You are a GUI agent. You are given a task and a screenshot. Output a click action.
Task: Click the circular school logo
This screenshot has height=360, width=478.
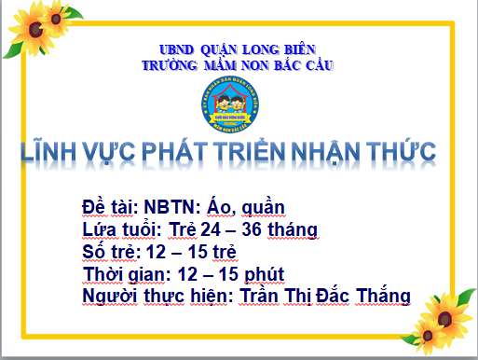click(230, 104)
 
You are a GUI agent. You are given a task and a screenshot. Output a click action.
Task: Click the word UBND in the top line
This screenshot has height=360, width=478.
click(176, 49)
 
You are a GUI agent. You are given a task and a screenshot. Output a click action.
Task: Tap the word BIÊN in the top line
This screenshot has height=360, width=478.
click(300, 49)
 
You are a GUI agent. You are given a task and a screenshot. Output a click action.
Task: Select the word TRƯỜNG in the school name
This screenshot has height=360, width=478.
click(170, 65)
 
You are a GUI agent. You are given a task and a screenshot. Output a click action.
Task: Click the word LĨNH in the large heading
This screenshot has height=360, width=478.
click(48, 151)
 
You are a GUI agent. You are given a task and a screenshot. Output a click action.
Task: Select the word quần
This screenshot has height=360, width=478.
click(263, 208)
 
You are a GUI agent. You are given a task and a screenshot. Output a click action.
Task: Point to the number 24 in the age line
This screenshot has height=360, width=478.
click(211, 229)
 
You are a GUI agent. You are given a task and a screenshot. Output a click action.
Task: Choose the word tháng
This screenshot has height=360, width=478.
click(293, 230)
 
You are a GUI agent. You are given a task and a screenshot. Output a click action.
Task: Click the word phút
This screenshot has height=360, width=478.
click(264, 275)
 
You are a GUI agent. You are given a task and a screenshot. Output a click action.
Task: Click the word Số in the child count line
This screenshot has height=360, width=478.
click(93, 251)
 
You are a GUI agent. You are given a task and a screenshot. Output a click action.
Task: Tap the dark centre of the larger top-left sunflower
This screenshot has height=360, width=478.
click(35, 30)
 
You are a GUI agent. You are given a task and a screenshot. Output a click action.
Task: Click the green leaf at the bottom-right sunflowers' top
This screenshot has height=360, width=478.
click(466, 298)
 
